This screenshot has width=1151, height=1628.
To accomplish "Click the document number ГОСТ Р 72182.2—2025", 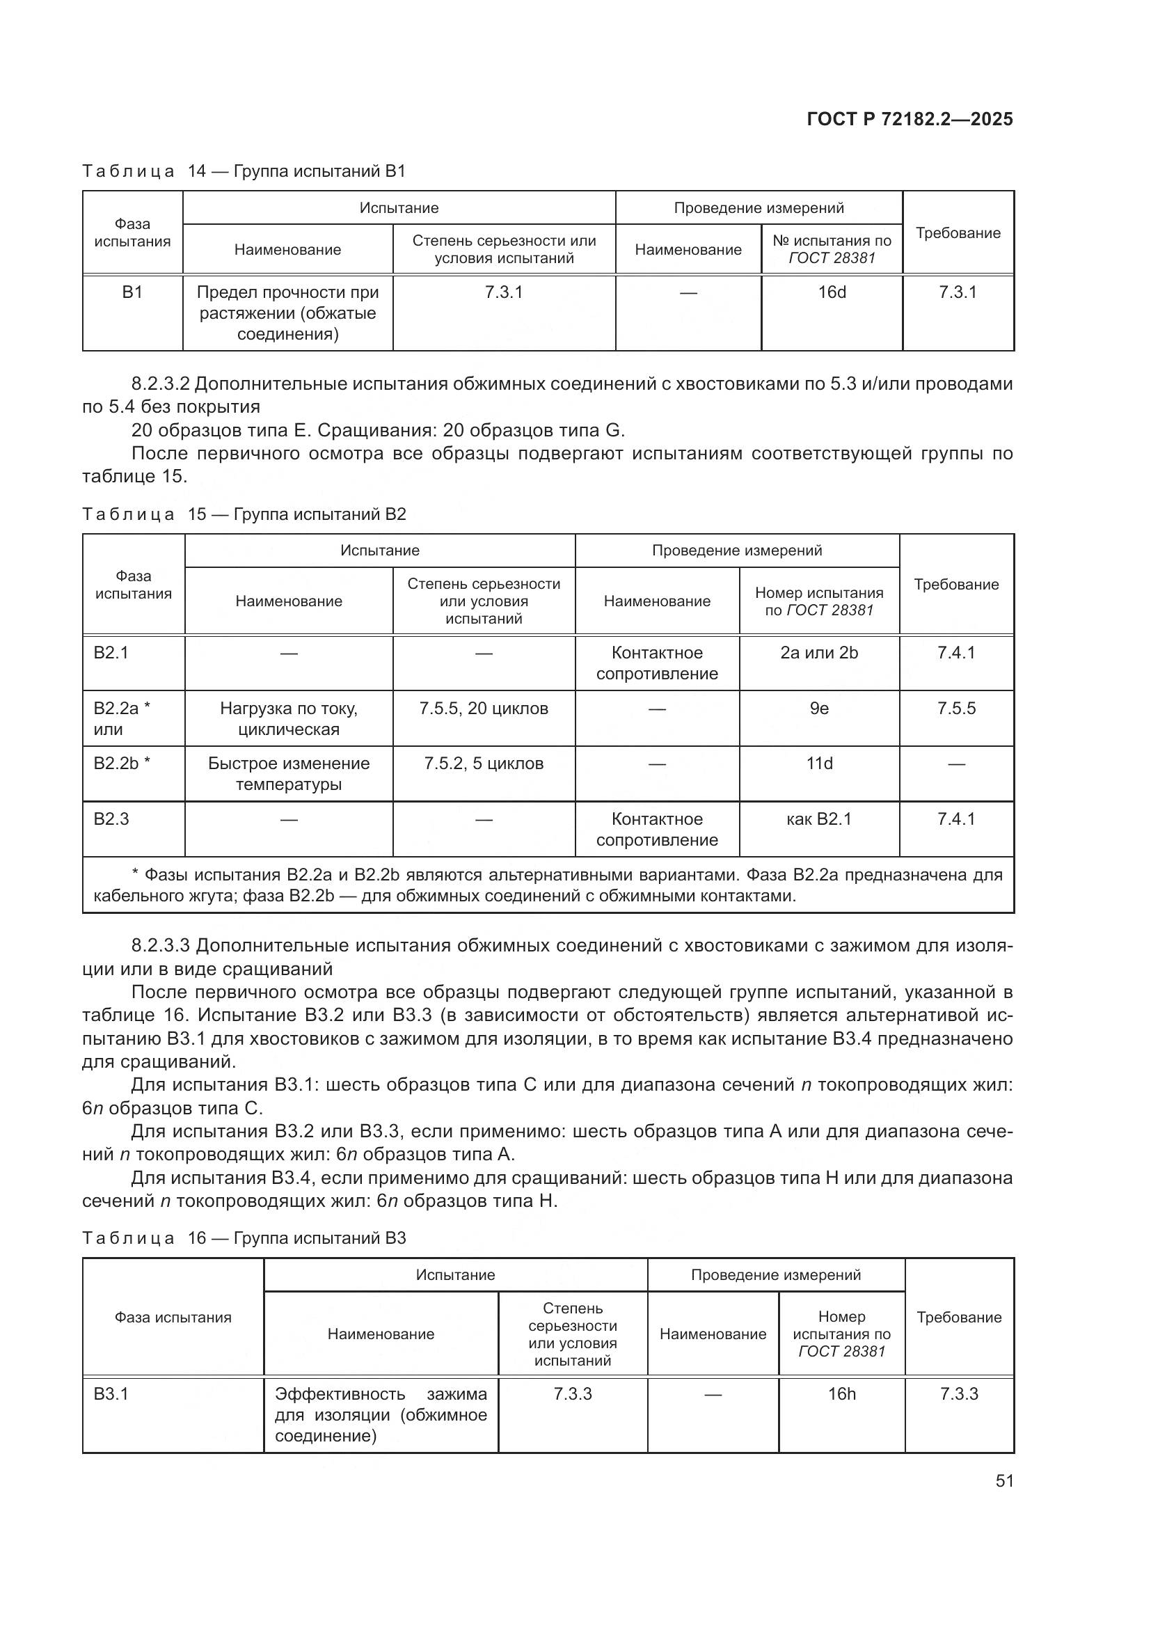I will [910, 119].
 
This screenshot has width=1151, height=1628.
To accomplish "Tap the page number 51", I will [1004, 1480].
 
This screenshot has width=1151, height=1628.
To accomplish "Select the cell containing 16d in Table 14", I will [832, 292].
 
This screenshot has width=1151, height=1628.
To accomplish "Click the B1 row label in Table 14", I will [132, 292].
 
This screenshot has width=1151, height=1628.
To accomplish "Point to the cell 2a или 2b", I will [818, 652].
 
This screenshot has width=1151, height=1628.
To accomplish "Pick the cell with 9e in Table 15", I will [818, 709].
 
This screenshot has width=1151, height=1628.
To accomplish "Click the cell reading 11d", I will [818, 764].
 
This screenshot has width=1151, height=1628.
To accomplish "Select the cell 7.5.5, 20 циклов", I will [484, 709].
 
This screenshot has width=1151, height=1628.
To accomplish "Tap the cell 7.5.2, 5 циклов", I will [484, 764].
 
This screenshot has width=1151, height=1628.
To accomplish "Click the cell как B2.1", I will [818, 819].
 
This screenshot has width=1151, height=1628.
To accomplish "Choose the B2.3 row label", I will [111, 819].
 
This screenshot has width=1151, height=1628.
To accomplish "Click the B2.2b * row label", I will [122, 764].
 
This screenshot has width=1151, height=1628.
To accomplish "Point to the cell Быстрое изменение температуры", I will [289, 773].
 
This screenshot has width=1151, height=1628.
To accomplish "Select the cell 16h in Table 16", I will [841, 1394].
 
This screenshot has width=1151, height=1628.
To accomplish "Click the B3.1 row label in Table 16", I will [111, 1394].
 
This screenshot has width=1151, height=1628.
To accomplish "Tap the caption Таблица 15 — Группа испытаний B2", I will [244, 514].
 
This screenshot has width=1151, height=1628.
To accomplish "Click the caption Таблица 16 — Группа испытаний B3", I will [244, 1238].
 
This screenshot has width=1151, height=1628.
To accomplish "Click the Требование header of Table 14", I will [958, 233].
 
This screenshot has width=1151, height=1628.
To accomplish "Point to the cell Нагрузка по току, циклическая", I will [289, 718].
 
